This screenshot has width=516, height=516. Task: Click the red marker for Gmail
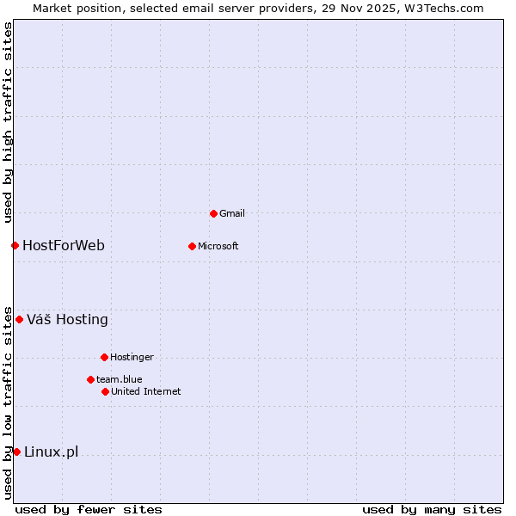point(213,213)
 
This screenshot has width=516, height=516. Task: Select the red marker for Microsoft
point(192,246)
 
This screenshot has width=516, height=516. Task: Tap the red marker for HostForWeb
point(15,245)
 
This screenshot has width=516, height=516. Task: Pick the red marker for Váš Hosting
point(19,319)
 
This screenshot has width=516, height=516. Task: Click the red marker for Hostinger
point(104,357)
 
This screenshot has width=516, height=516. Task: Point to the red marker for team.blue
point(90,379)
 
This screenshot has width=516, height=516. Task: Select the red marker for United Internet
point(105,391)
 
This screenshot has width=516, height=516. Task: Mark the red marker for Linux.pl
point(16,451)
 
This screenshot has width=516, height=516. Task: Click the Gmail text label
point(232,213)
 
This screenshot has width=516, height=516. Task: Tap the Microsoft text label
point(218,246)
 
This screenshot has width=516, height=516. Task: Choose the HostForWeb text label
point(64,246)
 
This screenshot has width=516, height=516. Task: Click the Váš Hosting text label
point(67,320)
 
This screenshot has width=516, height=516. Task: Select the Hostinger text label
point(132,357)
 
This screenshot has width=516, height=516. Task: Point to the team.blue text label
point(119,379)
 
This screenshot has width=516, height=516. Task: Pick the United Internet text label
point(145,391)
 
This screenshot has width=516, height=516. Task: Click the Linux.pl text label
point(51,452)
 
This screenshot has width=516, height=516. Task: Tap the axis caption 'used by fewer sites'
point(89,509)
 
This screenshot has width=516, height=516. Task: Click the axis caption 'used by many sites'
point(432,509)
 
